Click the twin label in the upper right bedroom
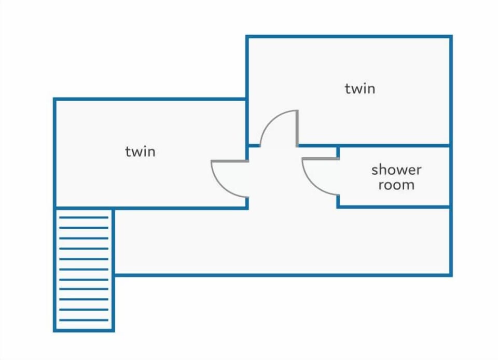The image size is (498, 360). (360, 89)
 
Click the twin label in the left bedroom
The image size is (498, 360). (140, 151)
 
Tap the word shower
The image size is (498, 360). (396, 170)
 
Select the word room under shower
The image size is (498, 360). (396, 185)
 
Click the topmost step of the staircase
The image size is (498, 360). (84, 217)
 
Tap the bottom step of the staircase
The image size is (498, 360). (84, 320)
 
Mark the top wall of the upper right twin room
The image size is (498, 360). (349, 36)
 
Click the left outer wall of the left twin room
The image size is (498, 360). (54, 153)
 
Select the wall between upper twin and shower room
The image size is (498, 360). (375, 146)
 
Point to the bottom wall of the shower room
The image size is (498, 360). (394, 207)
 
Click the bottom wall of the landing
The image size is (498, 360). (283, 275)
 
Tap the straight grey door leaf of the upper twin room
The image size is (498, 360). (297, 128)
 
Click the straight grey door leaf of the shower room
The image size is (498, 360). (321, 158)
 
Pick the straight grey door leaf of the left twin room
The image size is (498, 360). (230, 161)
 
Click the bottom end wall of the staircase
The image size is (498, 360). (84, 330)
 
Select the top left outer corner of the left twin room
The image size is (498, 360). (53, 98)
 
